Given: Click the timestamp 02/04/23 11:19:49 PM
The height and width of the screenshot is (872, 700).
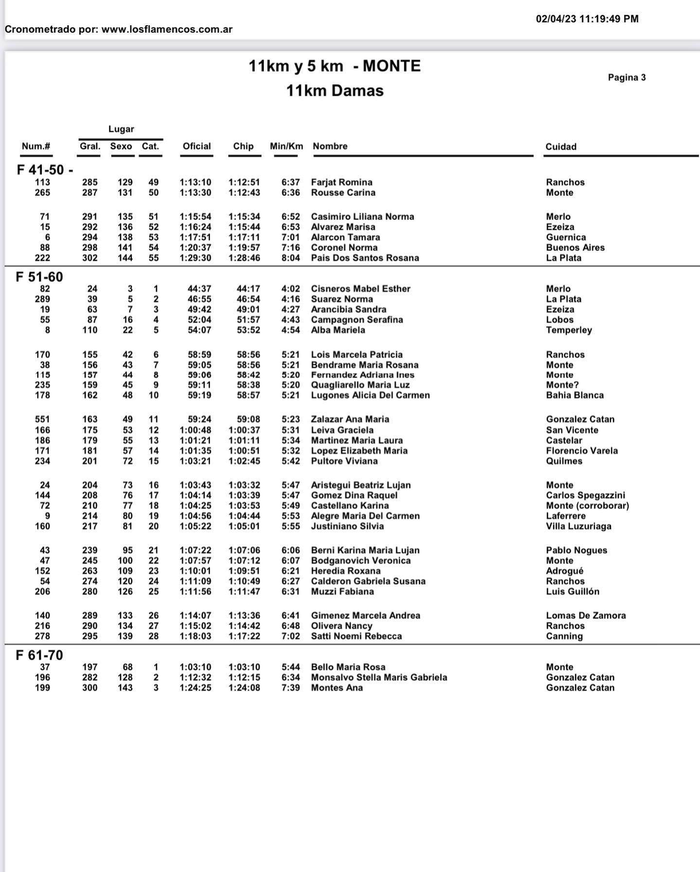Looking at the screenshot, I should click(587, 19).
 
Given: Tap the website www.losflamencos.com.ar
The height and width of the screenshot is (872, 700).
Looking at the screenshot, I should click(167, 29).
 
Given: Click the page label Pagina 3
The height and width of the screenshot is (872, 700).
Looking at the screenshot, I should click(627, 77).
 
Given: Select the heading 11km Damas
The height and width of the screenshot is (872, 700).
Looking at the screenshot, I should click(334, 90).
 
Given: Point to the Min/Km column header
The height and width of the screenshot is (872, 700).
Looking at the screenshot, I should click(286, 146).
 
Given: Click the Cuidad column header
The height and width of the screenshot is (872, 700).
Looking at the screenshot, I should click(560, 147).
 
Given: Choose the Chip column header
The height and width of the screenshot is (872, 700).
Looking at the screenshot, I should click(243, 146).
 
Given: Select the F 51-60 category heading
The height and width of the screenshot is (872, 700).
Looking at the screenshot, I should click(39, 277).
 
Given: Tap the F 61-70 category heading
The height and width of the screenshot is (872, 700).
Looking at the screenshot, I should click(39, 655).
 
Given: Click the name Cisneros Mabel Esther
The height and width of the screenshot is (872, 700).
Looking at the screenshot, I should click(361, 289).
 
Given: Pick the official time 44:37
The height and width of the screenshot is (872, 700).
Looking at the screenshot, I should click(199, 289).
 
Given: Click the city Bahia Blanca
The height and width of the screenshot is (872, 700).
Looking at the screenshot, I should click(575, 395).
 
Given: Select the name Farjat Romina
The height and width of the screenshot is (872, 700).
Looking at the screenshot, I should click(342, 182).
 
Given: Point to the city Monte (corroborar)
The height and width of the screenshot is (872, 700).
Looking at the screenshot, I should click(587, 506).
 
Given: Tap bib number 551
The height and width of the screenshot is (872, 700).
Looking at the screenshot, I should click(42, 419).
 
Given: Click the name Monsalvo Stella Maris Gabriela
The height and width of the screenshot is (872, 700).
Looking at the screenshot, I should click(379, 677).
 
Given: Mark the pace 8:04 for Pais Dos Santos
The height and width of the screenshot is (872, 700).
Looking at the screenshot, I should click(291, 258).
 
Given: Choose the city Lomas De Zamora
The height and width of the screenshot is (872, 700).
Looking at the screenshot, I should click(586, 616).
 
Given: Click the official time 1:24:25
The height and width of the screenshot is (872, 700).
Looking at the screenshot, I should click(195, 688).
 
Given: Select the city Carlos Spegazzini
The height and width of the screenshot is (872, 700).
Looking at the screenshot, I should click(585, 496).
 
